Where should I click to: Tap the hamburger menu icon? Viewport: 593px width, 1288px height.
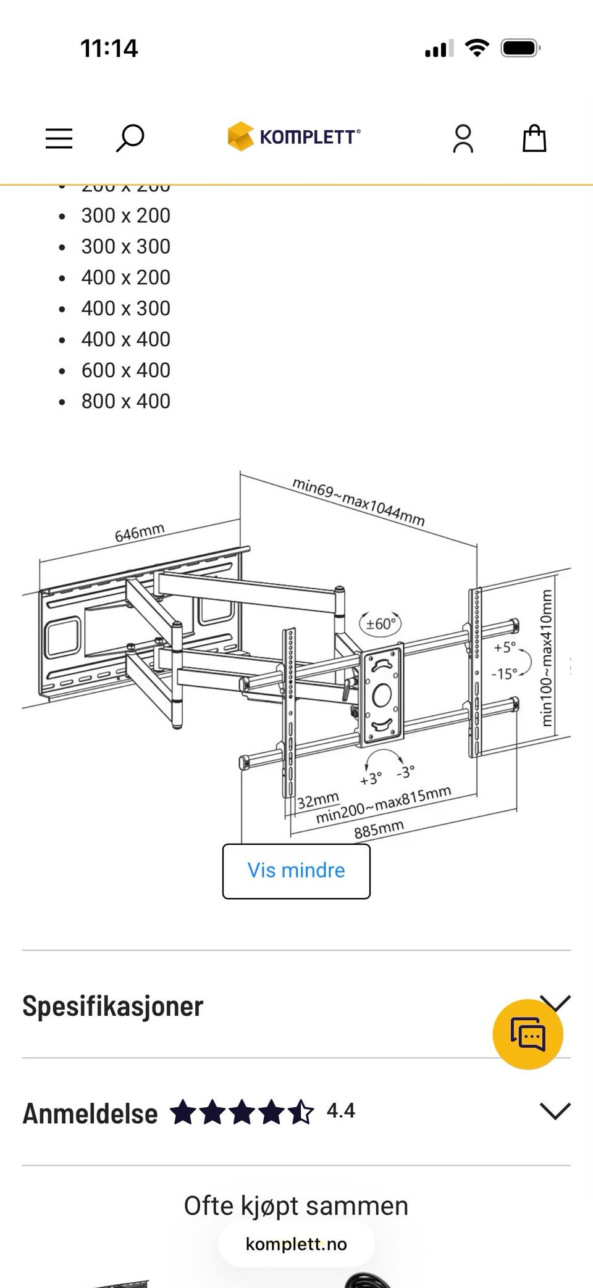[x=59, y=138]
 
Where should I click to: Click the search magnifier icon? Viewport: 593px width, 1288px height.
[x=130, y=138]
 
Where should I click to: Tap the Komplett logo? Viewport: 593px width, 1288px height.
[x=294, y=136]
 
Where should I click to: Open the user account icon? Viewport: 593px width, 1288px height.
[x=463, y=138]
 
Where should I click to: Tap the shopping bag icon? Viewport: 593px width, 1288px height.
[x=534, y=138]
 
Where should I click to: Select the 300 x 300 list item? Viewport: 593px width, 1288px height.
[x=125, y=246]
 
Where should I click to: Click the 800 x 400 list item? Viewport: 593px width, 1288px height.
[x=125, y=401]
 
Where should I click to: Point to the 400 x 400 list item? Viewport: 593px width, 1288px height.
[x=125, y=339]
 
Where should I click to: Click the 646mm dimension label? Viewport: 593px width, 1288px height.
[x=140, y=533]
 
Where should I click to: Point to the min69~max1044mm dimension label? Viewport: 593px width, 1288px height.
[x=358, y=501]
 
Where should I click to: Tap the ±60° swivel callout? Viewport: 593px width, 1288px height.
[x=381, y=623]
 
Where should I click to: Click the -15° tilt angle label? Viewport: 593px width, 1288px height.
[x=504, y=673]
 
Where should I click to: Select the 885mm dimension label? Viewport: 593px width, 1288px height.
[x=379, y=829]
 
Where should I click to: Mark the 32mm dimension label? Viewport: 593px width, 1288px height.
[x=318, y=800]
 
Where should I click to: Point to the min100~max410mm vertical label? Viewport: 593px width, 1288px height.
[x=546, y=658]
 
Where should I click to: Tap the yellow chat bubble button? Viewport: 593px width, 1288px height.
[x=528, y=1034]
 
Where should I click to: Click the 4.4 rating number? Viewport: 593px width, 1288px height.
[x=340, y=1111]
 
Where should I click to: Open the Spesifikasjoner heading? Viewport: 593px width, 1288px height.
[x=112, y=1006]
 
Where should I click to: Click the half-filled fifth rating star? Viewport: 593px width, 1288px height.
[x=301, y=1112]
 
